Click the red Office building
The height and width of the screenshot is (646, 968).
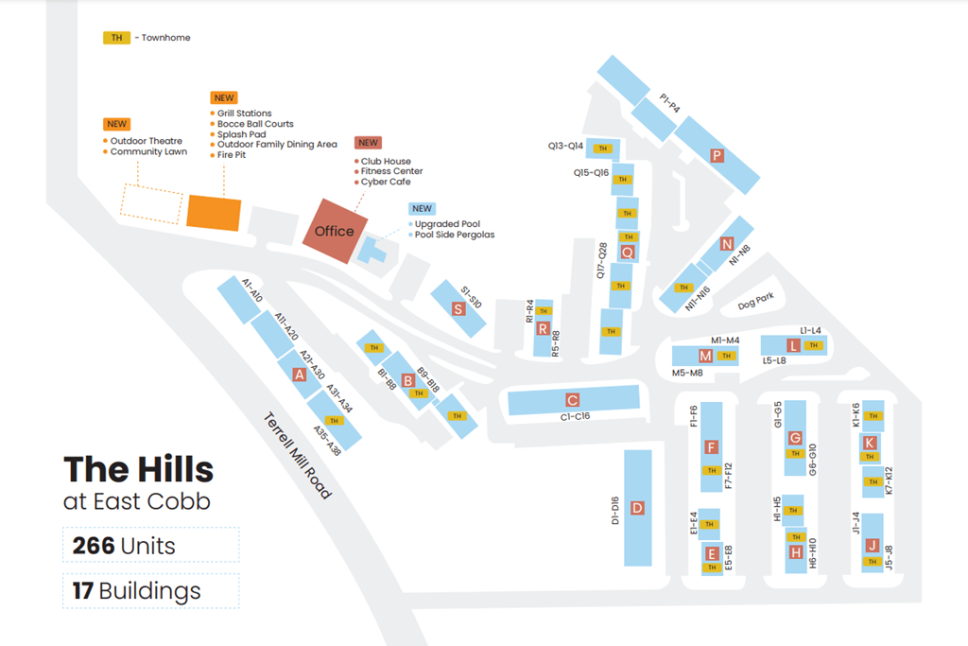click(x=334, y=230)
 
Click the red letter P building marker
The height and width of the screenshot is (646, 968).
click(x=717, y=156)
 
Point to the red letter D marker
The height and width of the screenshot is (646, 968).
click(x=637, y=508)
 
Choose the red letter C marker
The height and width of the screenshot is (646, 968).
click(x=572, y=399)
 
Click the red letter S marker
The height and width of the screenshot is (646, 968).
click(x=458, y=308)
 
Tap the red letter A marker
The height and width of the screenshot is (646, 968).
click(x=300, y=374)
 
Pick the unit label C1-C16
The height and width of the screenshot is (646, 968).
click(x=575, y=417)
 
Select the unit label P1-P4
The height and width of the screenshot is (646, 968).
click(x=669, y=102)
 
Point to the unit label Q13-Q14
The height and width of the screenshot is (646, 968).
click(x=565, y=147)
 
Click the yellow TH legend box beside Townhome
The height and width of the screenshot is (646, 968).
click(x=116, y=38)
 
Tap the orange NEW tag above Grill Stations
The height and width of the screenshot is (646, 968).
click(x=224, y=97)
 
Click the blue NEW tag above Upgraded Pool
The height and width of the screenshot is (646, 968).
click(x=422, y=208)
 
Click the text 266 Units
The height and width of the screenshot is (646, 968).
click(x=125, y=546)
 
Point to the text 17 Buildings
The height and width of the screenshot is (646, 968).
click(x=137, y=591)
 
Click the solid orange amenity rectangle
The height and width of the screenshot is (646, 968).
click(x=214, y=212)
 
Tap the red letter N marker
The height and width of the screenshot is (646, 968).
click(x=726, y=244)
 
